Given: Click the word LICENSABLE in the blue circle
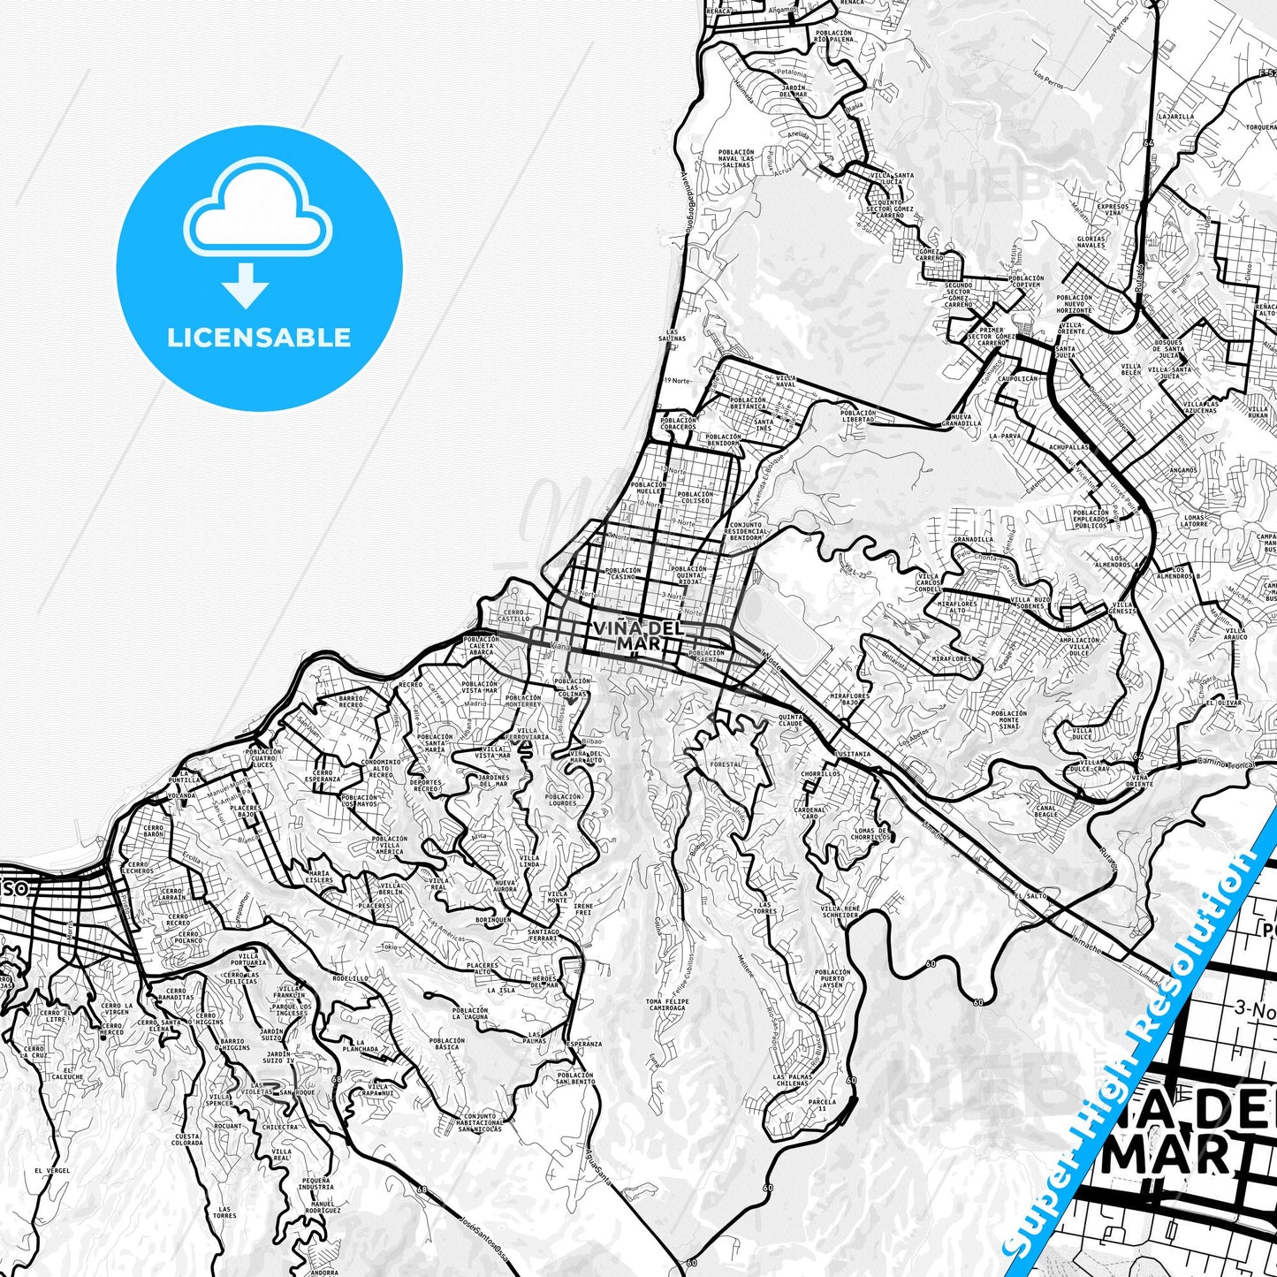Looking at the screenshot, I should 259,338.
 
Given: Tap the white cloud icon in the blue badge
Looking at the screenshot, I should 257,212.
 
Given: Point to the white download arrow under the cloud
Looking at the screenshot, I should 247,286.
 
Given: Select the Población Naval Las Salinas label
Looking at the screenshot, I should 736,158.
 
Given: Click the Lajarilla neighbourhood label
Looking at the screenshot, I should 1176,116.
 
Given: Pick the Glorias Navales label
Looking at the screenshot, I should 1091,243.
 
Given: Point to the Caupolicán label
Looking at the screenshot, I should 1016,377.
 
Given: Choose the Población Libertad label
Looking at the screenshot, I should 858,415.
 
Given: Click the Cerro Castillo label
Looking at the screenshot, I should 513,615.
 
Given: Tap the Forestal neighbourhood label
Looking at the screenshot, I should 726,764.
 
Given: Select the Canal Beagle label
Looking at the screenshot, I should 1045,810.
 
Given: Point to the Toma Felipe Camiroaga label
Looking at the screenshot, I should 665,1003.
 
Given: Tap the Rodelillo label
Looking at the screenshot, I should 351,978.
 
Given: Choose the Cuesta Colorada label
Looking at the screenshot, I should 186,1139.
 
